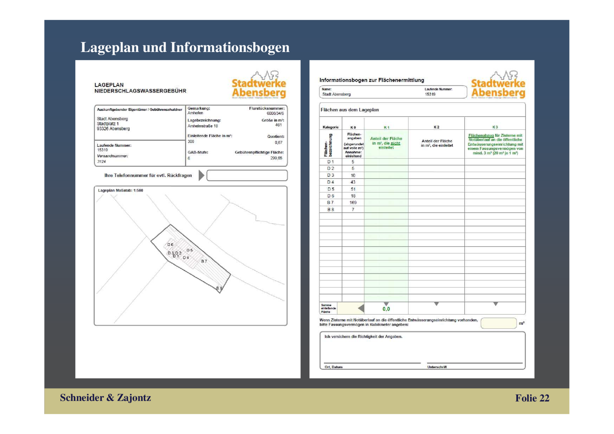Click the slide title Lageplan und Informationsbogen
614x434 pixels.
[185, 47]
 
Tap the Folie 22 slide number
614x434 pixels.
[532, 398]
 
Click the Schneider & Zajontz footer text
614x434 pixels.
[105, 398]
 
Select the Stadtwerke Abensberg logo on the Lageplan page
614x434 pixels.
[259, 85]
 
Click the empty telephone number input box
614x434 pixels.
[247, 176]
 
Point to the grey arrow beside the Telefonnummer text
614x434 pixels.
[201, 176]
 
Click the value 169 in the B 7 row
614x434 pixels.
[353, 202]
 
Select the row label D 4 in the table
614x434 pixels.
[330, 182]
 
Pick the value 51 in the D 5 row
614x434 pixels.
[353, 189]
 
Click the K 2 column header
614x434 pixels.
[436, 127]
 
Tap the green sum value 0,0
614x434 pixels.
[386, 309]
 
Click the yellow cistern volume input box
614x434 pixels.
[498, 323]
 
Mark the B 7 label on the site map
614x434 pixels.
[204, 261]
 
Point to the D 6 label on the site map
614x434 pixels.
[170, 245]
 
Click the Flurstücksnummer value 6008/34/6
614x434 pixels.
[275, 113]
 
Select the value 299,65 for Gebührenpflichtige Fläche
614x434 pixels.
[276, 158]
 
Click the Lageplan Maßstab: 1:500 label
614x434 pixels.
[120, 190]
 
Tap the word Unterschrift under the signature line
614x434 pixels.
[437, 367]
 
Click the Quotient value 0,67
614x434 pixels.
[278, 142]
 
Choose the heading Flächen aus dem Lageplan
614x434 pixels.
[350, 110]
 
